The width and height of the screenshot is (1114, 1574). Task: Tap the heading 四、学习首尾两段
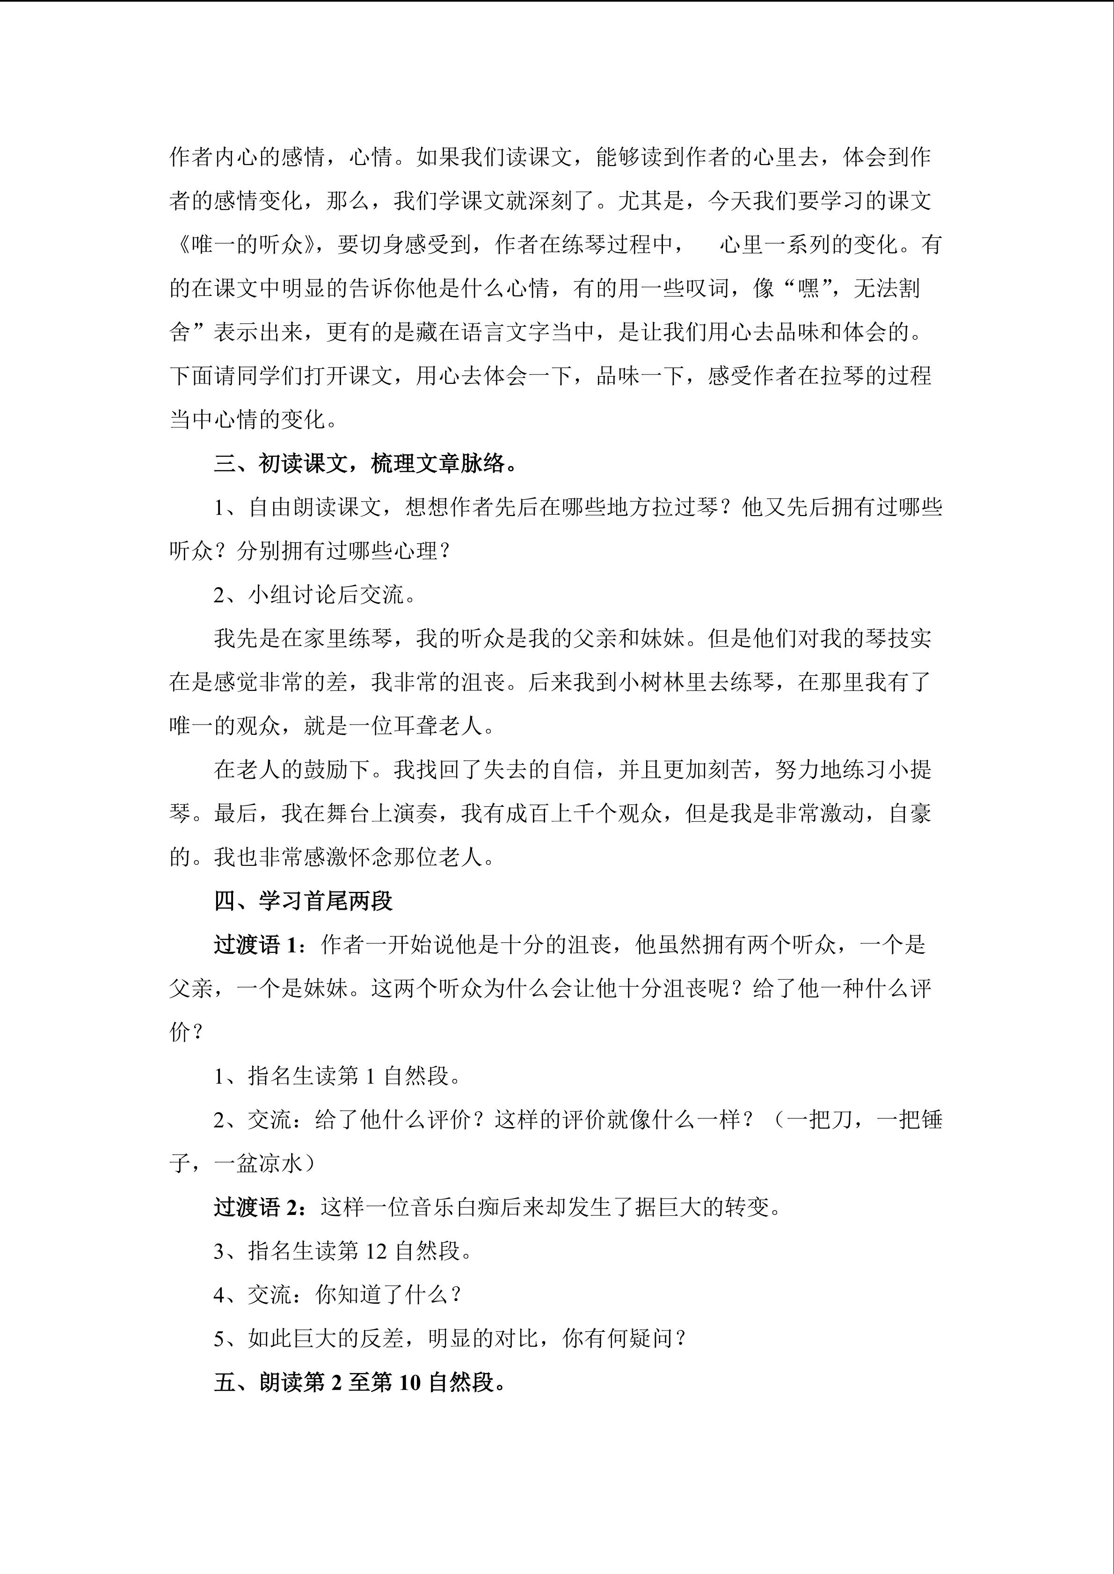(303, 901)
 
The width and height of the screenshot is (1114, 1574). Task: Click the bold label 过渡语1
(256, 945)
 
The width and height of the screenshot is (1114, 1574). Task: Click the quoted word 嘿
(809, 288)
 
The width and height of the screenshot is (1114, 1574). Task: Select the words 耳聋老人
(438, 726)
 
